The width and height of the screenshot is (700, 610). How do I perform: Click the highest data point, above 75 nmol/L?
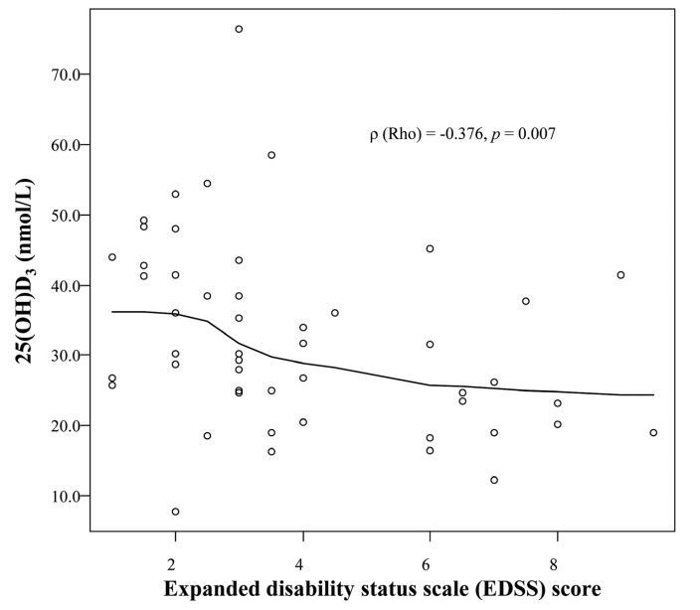(239, 29)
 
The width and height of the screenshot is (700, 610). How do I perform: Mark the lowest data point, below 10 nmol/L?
(175, 512)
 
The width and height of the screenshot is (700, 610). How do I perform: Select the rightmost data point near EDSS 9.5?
(653, 433)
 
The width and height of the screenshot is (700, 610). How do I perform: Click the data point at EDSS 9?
(620, 275)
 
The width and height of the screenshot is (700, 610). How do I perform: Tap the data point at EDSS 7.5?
(525, 301)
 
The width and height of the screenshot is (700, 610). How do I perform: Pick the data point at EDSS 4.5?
(334, 313)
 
